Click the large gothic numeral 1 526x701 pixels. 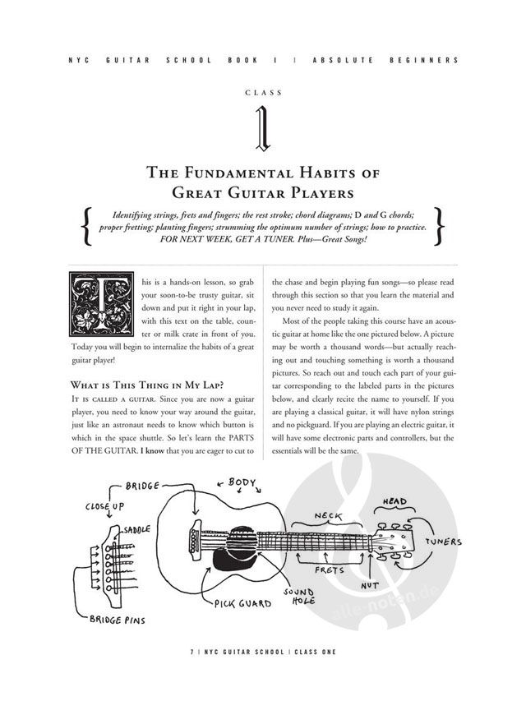pos(263,128)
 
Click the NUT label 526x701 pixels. pos(370,586)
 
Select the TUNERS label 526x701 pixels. pos(443,543)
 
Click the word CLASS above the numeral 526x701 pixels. pos(263,93)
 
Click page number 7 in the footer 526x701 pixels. pos(191,651)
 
